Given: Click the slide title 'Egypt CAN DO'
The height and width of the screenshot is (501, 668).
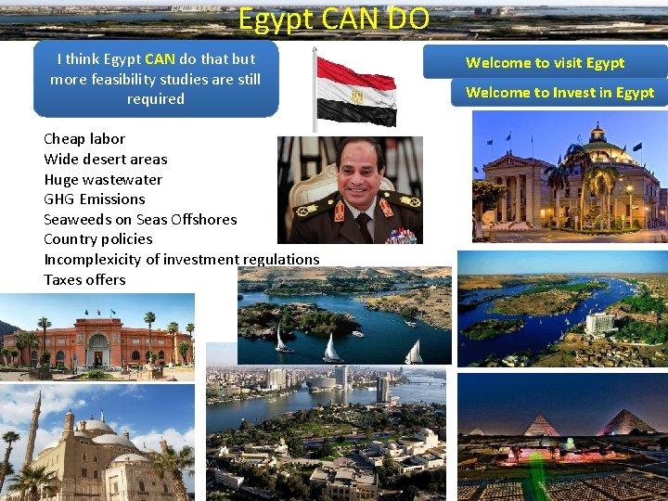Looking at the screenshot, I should pos(333,19).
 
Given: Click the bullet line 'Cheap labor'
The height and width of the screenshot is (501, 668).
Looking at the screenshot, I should pos(84,139).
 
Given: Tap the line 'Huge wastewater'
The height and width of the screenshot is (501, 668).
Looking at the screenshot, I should pos(103,179).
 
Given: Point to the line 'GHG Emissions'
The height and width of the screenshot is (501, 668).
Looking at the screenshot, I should pos(95,199).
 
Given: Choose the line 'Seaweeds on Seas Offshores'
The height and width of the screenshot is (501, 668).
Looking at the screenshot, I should pos(140,219).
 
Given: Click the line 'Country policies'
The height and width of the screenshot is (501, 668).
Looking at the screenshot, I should pos(98,238).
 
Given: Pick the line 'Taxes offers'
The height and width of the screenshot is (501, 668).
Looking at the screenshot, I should pos(84,279).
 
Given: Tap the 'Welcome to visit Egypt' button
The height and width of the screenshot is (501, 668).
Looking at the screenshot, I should pos(545,63).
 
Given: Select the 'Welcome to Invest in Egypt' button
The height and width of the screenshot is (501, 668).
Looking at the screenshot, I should pos(559,93).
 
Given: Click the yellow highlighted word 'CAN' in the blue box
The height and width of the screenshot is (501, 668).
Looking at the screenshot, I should pos(160,58).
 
